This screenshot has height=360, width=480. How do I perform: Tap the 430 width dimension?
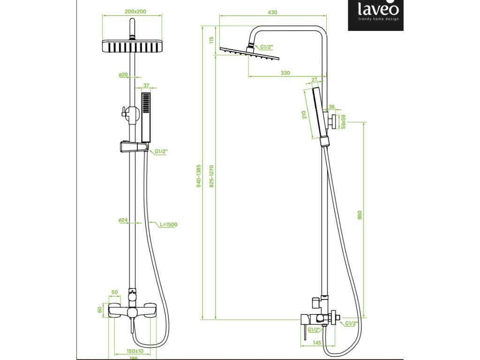click(x=272, y=12)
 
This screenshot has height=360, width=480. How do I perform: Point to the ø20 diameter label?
click(x=123, y=75)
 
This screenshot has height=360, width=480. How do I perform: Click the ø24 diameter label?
click(x=123, y=220)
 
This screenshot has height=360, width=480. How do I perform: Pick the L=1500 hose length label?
click(x=168, y=225)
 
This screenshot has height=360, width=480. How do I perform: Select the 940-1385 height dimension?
click(x=199, y=176)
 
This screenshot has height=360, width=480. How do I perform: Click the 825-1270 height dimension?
click(x=211, y=176)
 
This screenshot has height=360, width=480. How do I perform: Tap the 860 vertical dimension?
click(x=360, y=215)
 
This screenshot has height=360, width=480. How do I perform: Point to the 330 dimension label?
click(x=285, y=73)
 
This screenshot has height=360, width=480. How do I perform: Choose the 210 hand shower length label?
click(x=304, y=115)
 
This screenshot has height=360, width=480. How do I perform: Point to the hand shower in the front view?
click(x=147, y=117)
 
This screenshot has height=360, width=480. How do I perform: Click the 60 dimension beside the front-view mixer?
click(x=99, y=309)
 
